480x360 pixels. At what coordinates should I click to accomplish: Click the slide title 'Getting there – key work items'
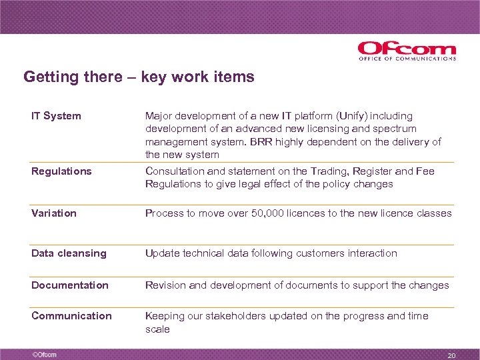click(139, 77)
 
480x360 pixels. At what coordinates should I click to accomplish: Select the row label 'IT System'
click(56, 116)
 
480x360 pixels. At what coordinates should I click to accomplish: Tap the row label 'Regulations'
click(61, 171)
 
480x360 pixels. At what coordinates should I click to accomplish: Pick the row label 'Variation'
click(54, 213)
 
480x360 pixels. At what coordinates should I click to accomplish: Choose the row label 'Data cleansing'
click(69, 253)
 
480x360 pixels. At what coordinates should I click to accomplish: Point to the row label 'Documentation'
click(70, 285)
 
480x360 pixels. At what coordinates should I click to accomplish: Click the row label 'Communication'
click(71, 316)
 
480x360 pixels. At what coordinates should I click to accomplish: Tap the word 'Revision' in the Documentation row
click(166, 285)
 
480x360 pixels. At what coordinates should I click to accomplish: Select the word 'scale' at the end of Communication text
click(158, 329)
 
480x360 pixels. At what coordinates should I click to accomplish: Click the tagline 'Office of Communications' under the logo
click(407, 59)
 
